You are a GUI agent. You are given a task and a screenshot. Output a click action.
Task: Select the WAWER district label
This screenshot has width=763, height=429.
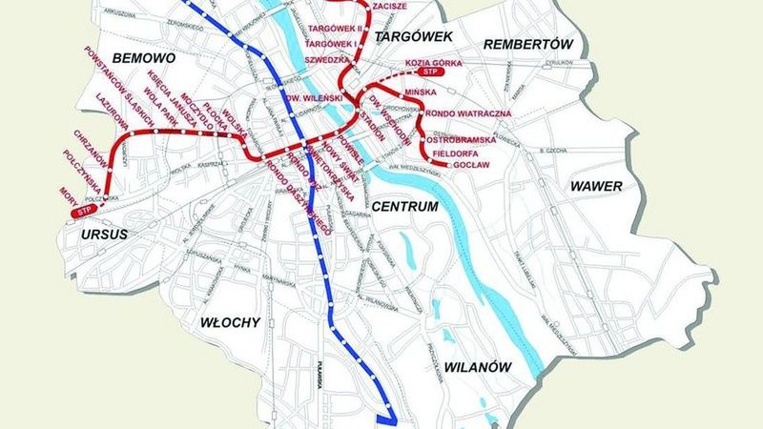pyautogui.click(x=596, y=186)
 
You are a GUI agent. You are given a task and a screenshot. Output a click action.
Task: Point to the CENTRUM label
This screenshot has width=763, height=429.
pyautogui.click(x=405, y=207)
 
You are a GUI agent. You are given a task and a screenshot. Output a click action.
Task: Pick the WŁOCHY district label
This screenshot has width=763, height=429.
pyautogui.click(x=229, y=322)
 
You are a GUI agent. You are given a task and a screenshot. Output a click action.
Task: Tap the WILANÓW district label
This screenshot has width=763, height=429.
pyautogui.click(x=480, y=367)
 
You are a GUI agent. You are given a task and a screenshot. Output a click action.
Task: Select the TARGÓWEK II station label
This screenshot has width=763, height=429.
pyautogui.click(x=330, y=28)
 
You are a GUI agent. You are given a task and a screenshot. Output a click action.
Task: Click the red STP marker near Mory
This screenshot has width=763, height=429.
pyautogui.click(x=86, y=210)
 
